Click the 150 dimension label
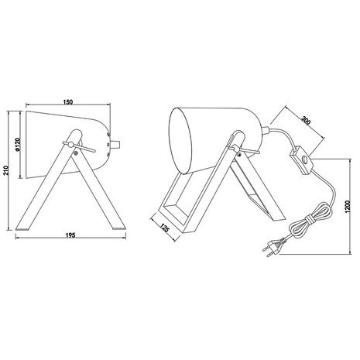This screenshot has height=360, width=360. click(x=69, y=101)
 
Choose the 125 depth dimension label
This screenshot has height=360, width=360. click(x=165, y=229)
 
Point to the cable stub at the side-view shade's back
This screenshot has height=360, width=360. click(x=119, y=145)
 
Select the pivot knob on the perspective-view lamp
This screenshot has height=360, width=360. click(x=237, y=144)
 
